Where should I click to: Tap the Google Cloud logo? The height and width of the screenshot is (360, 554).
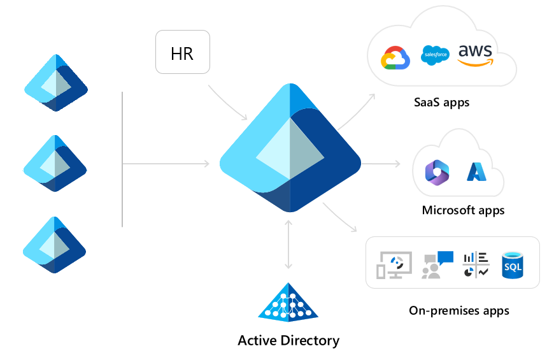395,58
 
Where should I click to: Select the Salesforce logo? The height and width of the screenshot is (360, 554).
436,55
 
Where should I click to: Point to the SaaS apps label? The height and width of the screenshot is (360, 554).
441,102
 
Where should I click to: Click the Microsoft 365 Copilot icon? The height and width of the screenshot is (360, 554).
437,173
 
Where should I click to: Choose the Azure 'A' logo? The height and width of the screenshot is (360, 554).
476,172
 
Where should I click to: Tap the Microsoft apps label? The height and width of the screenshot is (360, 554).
463,210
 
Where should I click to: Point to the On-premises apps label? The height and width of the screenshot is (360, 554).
458,311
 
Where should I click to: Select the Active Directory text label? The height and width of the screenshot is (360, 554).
288,340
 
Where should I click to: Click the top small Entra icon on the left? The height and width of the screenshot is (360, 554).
55,83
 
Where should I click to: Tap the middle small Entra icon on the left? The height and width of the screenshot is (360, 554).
55,163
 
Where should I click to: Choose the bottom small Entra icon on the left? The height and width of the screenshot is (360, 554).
55,245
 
